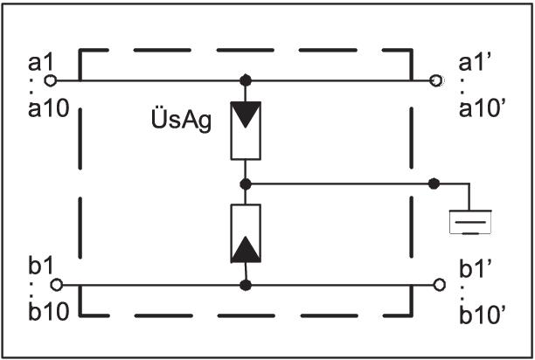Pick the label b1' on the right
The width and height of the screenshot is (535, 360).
(x=475, y=267)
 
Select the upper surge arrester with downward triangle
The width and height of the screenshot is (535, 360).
(x=246, y=129)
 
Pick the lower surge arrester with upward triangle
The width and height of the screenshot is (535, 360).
(x=246, y=234)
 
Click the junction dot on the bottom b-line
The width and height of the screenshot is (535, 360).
(x=246, y=285)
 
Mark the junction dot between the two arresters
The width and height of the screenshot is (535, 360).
(x=246, y=183)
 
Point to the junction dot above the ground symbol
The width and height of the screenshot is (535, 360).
(x=434, y=183)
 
